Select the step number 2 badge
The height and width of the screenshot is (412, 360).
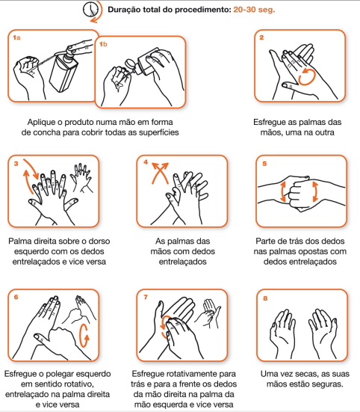[x=261, y=37]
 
